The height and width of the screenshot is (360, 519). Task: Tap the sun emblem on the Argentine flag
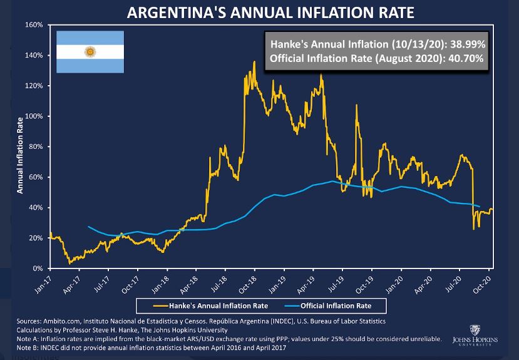click(x=90, y=51)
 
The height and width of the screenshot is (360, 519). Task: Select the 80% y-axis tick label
click(x=35, y=147)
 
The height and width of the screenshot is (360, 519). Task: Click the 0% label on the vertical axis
click(x=37, y=269)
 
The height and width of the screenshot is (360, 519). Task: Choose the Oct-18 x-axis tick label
click(x=246, y=282)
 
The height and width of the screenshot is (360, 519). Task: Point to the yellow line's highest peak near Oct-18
click(x=254, y=62)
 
